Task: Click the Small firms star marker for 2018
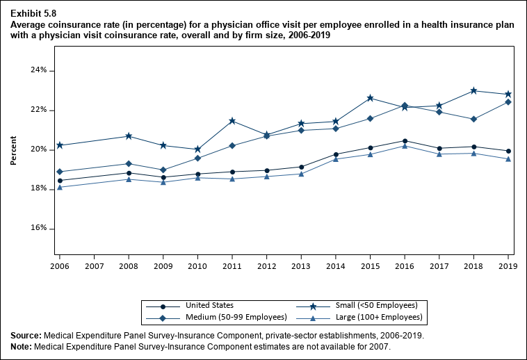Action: point(473,91)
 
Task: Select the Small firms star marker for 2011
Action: point(232,122)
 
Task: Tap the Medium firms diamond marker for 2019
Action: point(508,102)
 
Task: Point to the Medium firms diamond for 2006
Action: point(60,172)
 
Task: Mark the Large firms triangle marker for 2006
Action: point(60,188)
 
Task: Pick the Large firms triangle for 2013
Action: point(301,174)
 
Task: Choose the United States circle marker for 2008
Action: point(129,173)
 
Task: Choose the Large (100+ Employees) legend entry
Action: point(378,318)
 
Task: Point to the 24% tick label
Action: point(38,71)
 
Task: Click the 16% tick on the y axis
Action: point(38,229)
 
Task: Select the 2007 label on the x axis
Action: point(94,266)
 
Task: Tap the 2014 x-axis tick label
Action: point(336,266)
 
